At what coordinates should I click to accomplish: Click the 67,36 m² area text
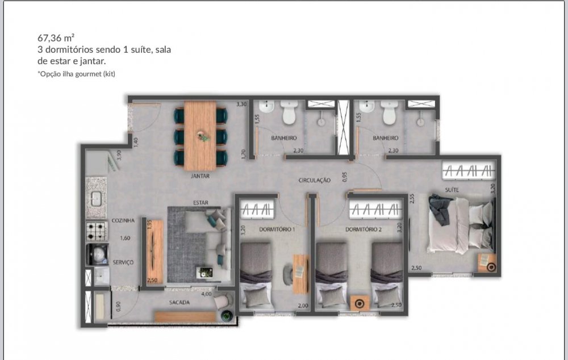[56, 37]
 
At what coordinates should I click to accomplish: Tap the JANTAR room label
[200, 176]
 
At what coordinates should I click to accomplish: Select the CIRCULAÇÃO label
[315, 180]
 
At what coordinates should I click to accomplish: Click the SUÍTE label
[452, 190]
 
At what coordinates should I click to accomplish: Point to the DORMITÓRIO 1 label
[277, 229]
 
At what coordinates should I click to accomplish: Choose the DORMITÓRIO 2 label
[364, 229]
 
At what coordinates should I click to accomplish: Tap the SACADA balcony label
[179, 303]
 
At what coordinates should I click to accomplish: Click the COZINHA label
[123, 220]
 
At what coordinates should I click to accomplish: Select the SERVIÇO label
[123, 262]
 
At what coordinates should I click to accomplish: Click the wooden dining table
[200, 135]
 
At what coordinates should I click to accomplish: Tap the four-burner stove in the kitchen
[97, 232]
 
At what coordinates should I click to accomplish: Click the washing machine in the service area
[97, 254]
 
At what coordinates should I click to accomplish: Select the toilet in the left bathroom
[290, 112]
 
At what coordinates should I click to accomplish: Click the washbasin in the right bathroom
[366, 106]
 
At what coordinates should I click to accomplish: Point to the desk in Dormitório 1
[300, 274]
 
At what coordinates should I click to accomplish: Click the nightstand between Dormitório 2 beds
[360, 303]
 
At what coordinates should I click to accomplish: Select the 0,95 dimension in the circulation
[345, 177]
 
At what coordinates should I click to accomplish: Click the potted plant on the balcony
[227, 316]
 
